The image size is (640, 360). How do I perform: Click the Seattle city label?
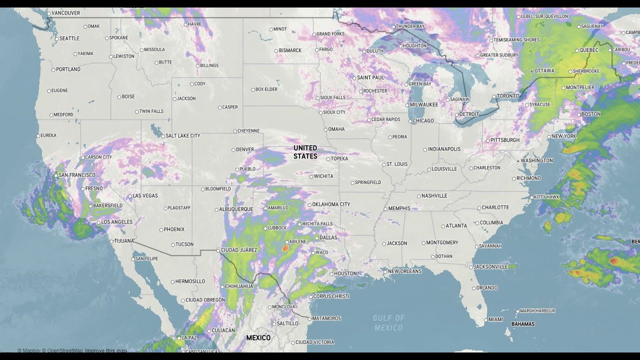[69, 38]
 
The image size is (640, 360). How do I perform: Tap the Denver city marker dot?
[233, 149]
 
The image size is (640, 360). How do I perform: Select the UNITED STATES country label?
[305, 152]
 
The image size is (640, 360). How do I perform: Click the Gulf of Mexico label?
[388, 323]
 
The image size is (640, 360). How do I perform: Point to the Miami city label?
[495, 319]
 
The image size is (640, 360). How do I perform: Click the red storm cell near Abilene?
[285, 247]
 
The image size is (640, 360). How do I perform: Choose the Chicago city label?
[423, 121]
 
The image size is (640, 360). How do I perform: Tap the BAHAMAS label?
[522, 324]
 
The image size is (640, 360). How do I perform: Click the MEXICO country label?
[258, 338]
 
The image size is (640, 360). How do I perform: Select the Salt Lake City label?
[182, 136]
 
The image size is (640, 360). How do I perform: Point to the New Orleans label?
[404, 271]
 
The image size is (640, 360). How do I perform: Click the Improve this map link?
[105, 350]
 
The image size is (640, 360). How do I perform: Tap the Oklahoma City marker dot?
[309, 204]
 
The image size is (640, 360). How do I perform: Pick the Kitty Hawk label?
[546, 197]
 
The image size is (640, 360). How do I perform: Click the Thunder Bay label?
[409, 26]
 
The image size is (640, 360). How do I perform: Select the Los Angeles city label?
[116, 222]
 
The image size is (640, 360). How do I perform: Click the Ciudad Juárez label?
[238, 250]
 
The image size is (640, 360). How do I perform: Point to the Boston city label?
[590, 114]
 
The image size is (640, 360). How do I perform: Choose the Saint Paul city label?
[370, 78]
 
